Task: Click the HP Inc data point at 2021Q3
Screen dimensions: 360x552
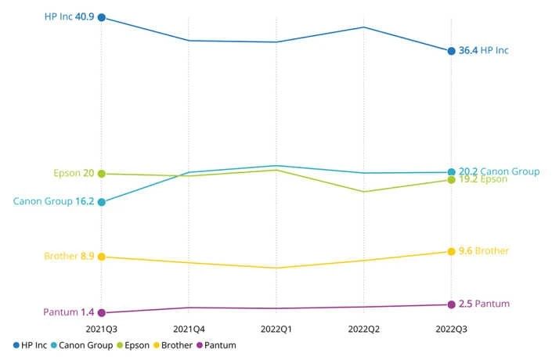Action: [x=102, y=17]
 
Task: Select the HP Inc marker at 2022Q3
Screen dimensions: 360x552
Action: [x=451, y=51]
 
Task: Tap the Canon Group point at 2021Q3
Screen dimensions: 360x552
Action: [x=102, y=202]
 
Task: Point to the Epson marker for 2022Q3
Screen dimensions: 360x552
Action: [x=451, y=180]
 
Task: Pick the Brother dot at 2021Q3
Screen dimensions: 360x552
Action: [x=102, y=257]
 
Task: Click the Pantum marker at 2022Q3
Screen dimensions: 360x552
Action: [x=451, y=304]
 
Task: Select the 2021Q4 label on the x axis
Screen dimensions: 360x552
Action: [x=189, y=329]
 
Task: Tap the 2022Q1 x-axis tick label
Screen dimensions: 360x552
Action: [x=276, y=329]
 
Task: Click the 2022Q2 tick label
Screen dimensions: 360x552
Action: [x=364, y=329]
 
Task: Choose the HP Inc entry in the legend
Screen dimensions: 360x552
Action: [x=30, y=345]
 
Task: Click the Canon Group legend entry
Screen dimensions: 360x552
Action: [x=81, y=345]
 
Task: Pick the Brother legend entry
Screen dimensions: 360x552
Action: [x=175, y=345]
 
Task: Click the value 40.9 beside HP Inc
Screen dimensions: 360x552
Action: [x=85, y=16]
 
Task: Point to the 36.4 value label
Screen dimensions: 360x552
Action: [x=467, y=50]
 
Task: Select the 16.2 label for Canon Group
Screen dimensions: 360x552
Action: [x=85, y=201]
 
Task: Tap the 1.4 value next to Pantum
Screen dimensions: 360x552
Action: [x=87, y=312]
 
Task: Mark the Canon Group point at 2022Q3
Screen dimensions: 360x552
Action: [x=451, y=172]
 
